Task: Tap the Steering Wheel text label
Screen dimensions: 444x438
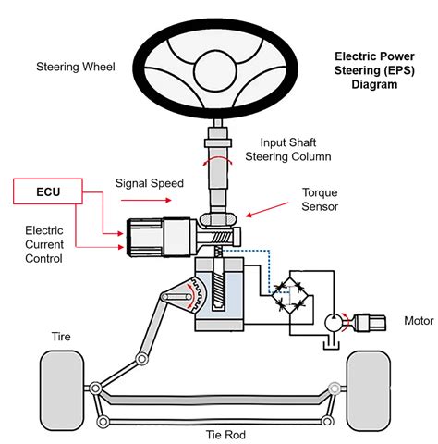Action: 75,67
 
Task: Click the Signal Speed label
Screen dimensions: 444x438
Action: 151,182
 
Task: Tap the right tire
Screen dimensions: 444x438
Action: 372,386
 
